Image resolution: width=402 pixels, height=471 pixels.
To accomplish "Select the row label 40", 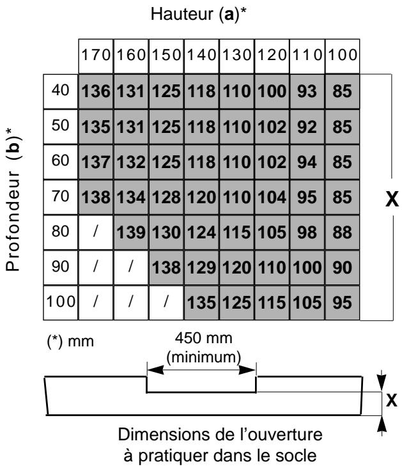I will point(61,91).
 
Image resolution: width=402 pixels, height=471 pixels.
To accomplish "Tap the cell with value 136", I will point(95,91).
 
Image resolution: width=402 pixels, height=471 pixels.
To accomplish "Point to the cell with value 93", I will point(307,91).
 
